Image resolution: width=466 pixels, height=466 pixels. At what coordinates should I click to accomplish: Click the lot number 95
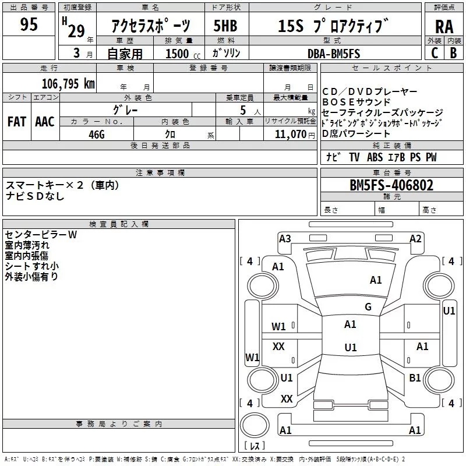point(29,24)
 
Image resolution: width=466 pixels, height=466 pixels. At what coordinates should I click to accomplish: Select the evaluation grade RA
point(444,26)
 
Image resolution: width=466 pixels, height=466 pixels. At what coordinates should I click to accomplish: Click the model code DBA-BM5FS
point(334,54)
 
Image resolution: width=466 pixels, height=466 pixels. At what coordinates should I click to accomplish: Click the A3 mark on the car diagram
point(285,238)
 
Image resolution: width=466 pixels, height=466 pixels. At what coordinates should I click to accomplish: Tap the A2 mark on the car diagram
point(415,238)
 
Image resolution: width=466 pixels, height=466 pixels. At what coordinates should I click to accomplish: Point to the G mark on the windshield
point(368,307)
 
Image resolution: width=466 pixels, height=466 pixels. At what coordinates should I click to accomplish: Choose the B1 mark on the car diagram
point(415,378)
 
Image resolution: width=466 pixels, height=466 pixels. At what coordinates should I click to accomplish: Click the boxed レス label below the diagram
point(255,446)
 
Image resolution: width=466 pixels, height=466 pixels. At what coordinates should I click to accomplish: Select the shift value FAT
point(17,122)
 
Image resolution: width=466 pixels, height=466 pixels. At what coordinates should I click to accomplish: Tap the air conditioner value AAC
point(45,122)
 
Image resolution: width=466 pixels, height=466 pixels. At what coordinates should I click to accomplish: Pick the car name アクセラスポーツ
point(150,26)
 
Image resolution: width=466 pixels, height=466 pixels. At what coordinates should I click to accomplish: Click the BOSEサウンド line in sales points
point(356,102)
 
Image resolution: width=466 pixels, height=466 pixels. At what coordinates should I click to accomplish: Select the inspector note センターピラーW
point(40,234)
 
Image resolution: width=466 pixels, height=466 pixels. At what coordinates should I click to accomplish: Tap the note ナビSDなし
point(35,196)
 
